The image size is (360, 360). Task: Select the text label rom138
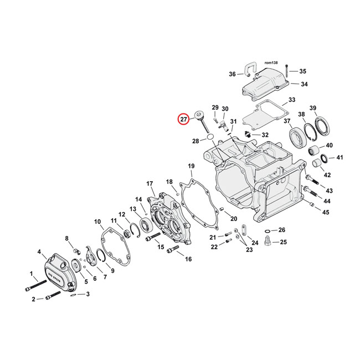[270, 63]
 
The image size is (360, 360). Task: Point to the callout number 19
[191, 166]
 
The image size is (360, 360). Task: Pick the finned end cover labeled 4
[58, 270]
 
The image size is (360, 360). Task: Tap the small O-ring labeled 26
[268, 230]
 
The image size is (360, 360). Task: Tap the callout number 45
[326, 213]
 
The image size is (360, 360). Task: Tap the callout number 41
[340, 158]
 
